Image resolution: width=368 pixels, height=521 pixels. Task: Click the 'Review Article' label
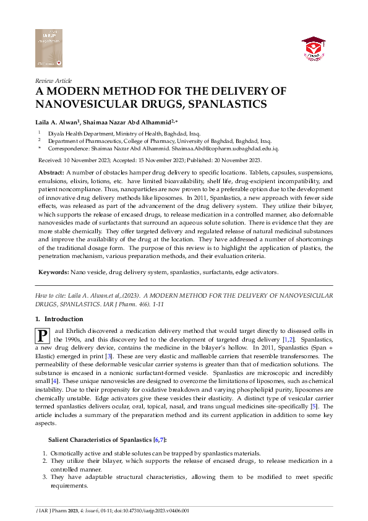tap(54, 80)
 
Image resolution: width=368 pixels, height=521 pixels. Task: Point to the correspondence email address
tap(234, 149)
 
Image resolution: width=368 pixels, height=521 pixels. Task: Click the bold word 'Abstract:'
tap(51, 171)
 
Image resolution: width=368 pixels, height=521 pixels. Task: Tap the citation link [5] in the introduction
tap(314, 406)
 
